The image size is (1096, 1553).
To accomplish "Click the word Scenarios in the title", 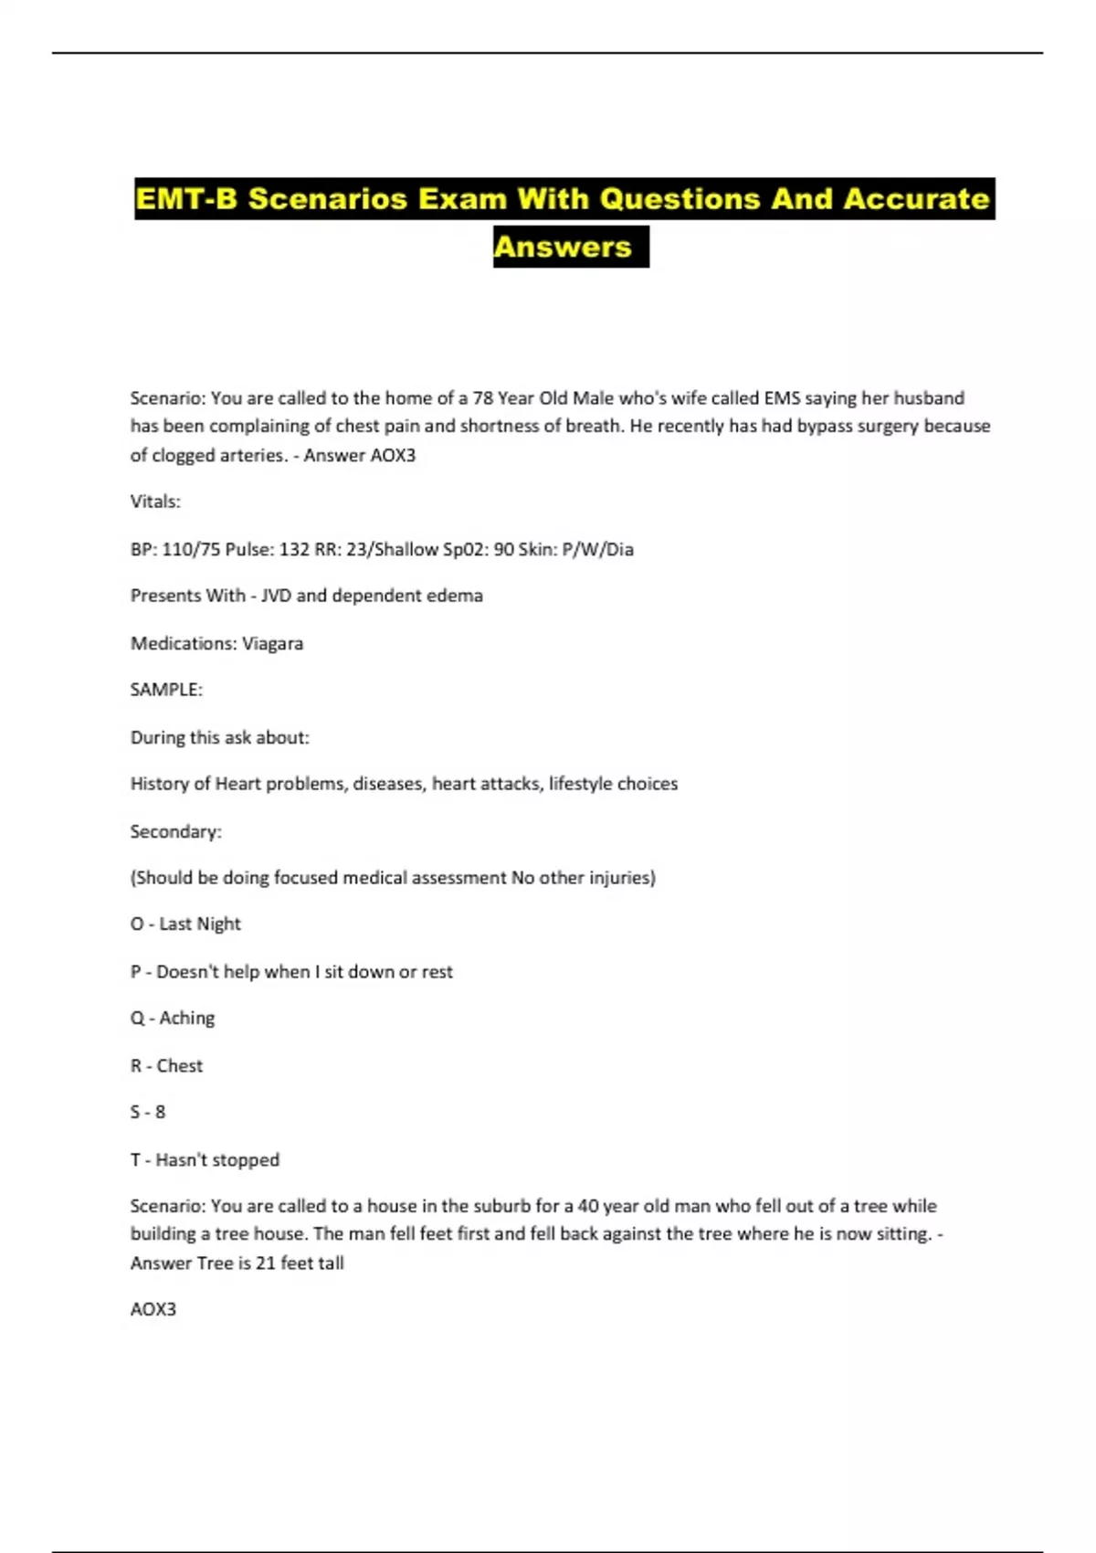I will [x=327, y=198].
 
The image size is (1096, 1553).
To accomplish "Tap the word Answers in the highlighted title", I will [x=563, y=247].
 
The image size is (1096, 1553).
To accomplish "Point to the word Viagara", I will [x=272, y=643].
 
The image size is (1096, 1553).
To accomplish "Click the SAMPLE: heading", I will [x=166, y=690].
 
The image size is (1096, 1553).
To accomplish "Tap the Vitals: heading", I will [x=155, y=502].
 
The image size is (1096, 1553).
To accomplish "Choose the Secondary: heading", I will [x=175, y=831].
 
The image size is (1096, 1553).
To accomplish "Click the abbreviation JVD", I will [x=276, y=596].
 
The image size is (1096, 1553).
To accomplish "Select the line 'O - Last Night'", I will [x=185, y=924].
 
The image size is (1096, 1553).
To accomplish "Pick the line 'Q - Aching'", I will [x=173, y=1018].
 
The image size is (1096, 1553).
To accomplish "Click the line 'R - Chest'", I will [x=166, y=1065].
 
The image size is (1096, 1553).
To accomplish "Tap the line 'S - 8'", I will [x=148, y=1112].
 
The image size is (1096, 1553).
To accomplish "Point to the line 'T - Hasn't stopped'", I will [x=205, y=1159].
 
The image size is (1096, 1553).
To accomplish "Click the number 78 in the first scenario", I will [x=482, y=398].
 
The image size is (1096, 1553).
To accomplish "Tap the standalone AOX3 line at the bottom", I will [x=153, y=1309].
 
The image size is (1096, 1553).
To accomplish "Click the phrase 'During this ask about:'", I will [x=220, y=737].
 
